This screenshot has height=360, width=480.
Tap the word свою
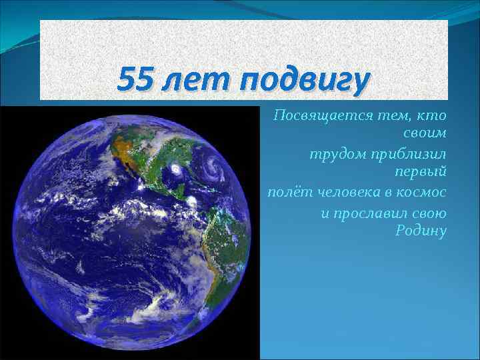click(430, 213)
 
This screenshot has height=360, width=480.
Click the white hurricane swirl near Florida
click(175, 171)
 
